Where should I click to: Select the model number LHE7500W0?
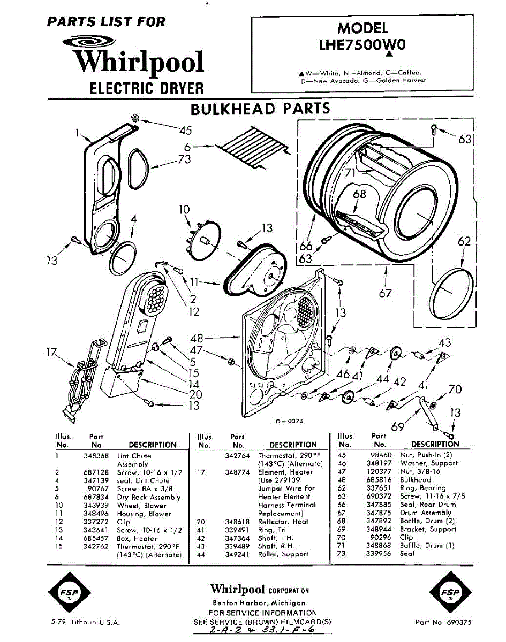[x=362, y=45]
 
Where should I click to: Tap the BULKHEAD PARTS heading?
[x=260, y=109]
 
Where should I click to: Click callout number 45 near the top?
[x=185, y=130]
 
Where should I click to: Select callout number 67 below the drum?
[x=385, y=293]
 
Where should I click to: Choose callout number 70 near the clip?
[x=455, y=389]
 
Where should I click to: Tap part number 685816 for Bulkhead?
[x=380, y=480]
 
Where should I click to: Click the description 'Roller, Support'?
[x=283, y=554]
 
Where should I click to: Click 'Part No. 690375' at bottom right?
[x=443, y=622]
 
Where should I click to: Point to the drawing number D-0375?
[x=290, y=421]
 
